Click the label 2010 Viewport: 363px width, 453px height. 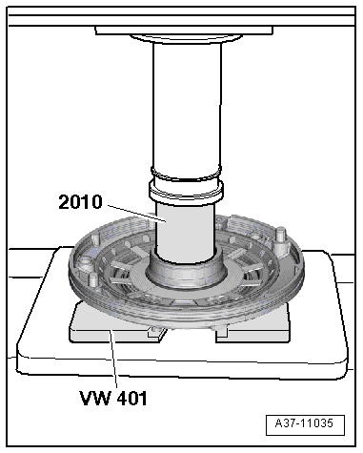tap(80, 202)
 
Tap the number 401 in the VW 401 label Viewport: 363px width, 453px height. tap(132, 398)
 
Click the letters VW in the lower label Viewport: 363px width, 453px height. tap(95, 398)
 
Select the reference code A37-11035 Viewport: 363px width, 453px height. tap(304, 423)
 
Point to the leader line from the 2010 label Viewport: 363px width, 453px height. tap(137, 213)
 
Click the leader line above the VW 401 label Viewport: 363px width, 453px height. tap(113, 360)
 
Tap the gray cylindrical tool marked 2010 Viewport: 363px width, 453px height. tap(186, 232)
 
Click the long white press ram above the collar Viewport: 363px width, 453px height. tap(187, 107)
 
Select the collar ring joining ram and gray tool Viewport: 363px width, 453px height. tap(187, 192)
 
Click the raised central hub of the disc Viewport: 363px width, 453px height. tap(186, 272)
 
